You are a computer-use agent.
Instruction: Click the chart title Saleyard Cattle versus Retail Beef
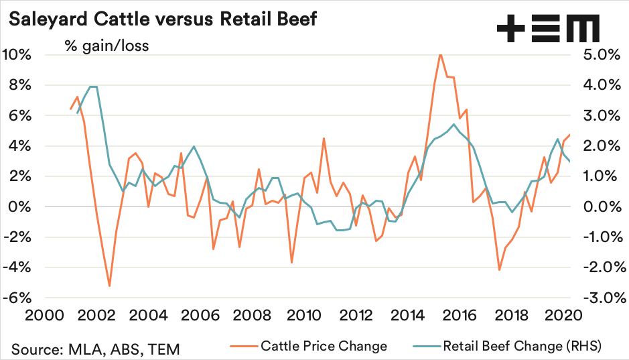[161, 18]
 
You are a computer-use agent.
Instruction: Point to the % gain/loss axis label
[107, 46]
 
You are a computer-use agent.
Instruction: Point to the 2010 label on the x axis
[305, 315]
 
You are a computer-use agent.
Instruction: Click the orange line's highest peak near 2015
[440, 54]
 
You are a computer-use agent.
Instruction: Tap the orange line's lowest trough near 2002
[109, 286]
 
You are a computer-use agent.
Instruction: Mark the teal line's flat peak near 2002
[94, 86]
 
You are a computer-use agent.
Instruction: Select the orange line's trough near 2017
[499, 269]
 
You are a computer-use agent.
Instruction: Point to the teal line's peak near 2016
[453, 124]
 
